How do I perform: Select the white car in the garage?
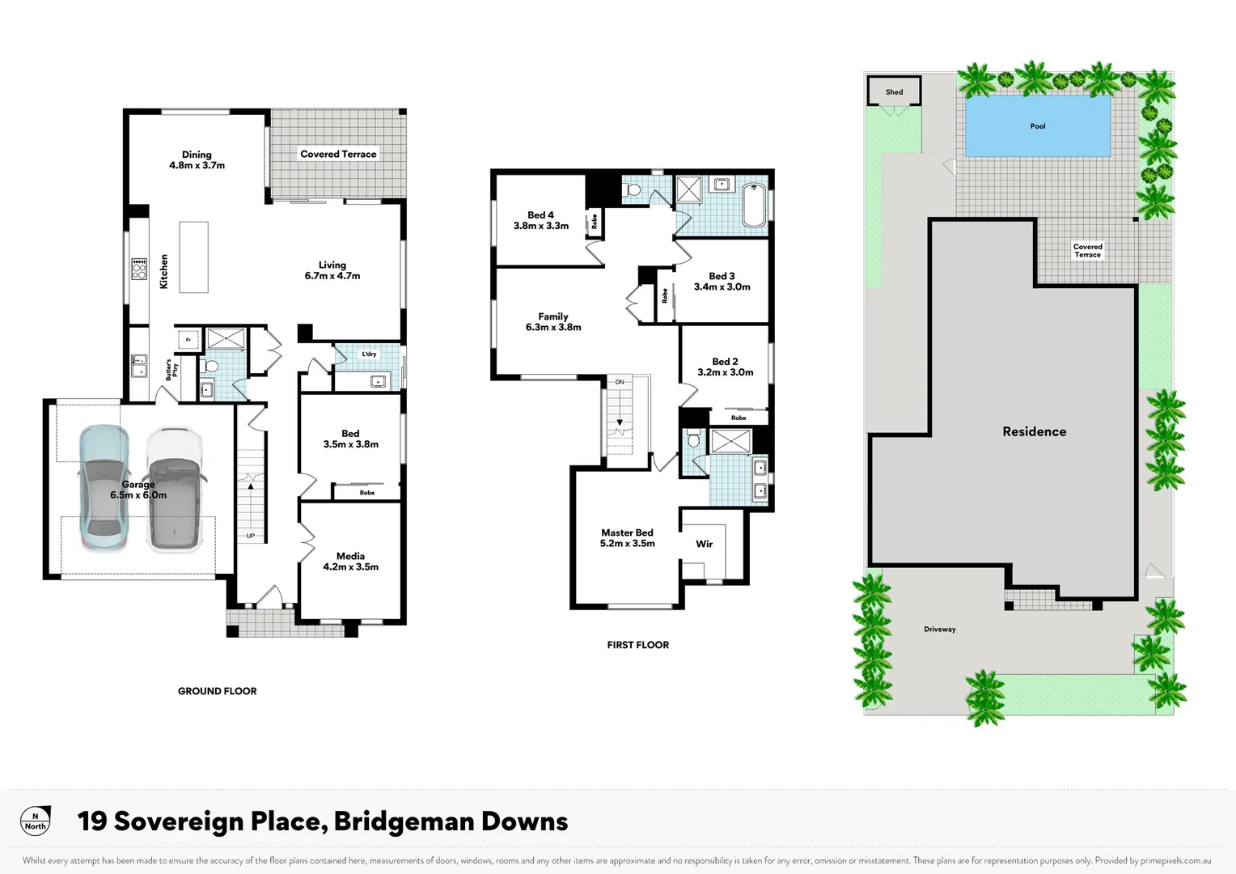tap(174, 490)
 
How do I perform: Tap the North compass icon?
tap(35, 821)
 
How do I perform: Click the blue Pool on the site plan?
tap(1037, 126)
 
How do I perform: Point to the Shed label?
tap(894, 91)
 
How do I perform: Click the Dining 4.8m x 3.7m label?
tap(197, 159)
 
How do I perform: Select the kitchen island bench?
tap(193, 257)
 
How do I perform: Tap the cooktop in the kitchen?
tap(139, 269)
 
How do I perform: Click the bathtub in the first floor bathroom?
tap(753, 206)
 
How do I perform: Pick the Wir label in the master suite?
tap(704, 544)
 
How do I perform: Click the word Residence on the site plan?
tap(1034, 431)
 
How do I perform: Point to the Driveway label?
tap(939, 629)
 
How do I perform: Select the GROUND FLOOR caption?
tap(217, 691)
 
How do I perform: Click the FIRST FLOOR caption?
tap(637, 645)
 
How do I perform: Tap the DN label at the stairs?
tap(620, 381)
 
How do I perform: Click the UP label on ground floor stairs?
tap(251, 536)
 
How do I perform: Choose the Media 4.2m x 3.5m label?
tap(350, 561)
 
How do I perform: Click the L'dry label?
tap(369, 354)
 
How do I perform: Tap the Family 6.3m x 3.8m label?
tap(553, 321)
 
